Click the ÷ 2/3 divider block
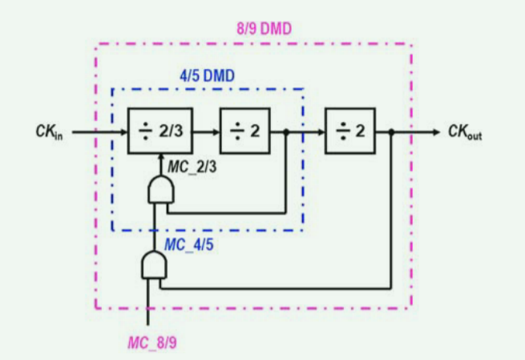tap(160, 131)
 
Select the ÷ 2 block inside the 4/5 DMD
tap(245, 131)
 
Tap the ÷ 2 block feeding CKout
tap(349, 131)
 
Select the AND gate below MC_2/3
tap(160, 191)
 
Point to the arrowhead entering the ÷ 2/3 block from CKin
tap(123, 131)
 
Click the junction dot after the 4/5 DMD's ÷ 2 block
tap(286, 131)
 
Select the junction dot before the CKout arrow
tap(390, 131)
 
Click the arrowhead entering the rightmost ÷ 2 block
tap(320, 131)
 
